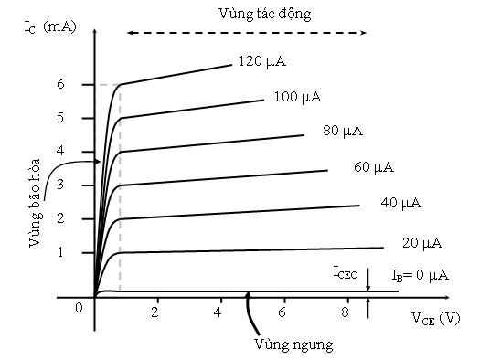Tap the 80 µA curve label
(343, 131)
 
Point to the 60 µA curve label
(373, 167)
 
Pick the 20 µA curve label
(421, 243)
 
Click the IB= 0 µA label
(421, 275)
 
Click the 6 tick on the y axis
(86, 84)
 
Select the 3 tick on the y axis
(86, 185)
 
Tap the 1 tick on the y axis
(86, 252)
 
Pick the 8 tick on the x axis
(345, 312)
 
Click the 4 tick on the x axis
(218, 312)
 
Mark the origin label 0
(80, 308)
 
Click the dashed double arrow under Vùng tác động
(247, 32)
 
